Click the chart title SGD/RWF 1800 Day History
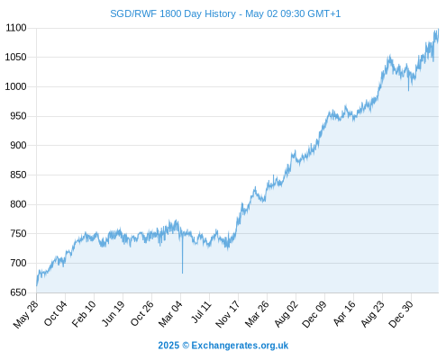click(x=173, y=13)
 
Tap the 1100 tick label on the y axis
click(x=16, y=28)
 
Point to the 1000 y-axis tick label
click(x=16, y=86)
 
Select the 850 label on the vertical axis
click(x=18, y=175)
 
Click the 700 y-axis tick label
click(x=18, y=263)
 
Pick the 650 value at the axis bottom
click(x=18, y=292)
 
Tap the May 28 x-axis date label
click(x=26, y=314)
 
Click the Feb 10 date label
click(x=84, y=313)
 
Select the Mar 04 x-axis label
click(x=170, y=314)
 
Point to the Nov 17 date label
click(x=228, y=314)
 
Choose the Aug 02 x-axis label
click(x=287, y=314)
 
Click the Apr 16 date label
click(x=344, y=313)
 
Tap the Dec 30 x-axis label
click(x=401, y=314)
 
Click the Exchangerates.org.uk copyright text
click(x=240, y=346)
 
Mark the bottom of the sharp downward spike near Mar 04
click(x=182, y=273)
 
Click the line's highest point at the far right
click(x=438, y=29)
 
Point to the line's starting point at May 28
click(x=37, y=285)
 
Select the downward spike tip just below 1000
click(x=408, y=90)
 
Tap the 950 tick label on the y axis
click(x=18, y=116)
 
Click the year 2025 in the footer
click(x=168, y=346)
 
